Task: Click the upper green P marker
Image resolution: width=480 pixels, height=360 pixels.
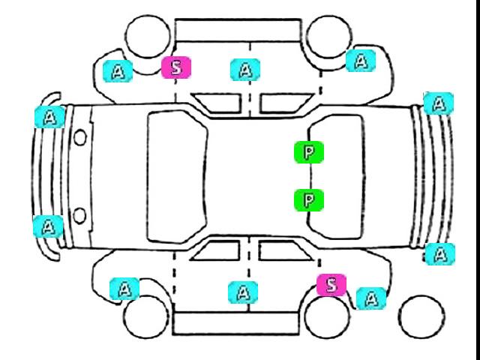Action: [308, 152]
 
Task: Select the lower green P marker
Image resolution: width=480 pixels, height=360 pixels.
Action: [308, 200]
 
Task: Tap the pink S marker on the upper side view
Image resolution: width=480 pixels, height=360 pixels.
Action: [176, 67]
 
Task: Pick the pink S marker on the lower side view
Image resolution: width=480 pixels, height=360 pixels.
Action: [331, 285]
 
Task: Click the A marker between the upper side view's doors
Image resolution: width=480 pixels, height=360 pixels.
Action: [245, 70]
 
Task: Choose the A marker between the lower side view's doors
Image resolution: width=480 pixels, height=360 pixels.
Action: [243, 292]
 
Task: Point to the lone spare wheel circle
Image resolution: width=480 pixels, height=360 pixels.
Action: [421, 317]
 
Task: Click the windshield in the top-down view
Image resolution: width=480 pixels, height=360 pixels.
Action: [177, 177]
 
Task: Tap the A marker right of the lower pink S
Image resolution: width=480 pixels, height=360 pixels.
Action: [371, 298]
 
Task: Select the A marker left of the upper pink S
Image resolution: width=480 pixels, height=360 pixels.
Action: [118, 71]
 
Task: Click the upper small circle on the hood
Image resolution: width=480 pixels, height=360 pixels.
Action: [80, 137]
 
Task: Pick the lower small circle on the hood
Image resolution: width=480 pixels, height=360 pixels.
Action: [79, 215]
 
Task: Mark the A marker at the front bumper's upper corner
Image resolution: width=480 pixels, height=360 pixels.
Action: [49, 117]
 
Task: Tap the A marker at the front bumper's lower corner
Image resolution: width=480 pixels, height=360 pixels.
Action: [48, 226]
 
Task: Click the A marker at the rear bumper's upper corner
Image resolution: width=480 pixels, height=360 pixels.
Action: [438, 103]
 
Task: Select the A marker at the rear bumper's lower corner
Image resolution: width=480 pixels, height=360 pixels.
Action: [440, 254]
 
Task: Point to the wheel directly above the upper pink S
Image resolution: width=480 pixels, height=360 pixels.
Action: [148, 36]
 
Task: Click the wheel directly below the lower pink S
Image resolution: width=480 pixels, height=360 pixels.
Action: [327, 316]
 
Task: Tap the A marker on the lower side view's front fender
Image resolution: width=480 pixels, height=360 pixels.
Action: [124, 289]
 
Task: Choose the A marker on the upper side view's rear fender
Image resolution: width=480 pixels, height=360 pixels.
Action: [361, 61]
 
